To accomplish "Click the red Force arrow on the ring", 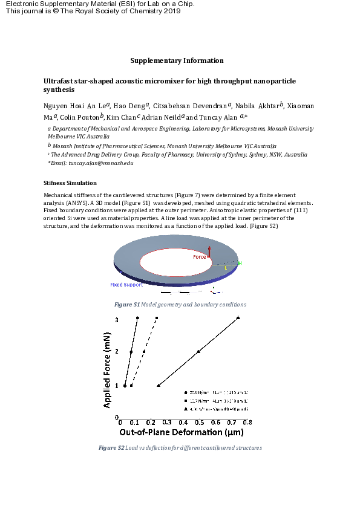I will pos(209,251).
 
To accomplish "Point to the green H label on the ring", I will pos(240,263).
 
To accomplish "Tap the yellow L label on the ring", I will pos(226,267).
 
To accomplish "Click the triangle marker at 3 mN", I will pos(238,317).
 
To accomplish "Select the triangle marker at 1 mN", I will pos(159,385).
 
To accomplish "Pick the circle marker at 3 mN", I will pos(138,318).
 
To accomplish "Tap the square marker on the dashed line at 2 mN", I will pos(144,351).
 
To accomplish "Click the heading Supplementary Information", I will pos(177,60).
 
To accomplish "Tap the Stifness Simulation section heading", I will pos(70,183).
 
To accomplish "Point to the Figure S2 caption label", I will pos(111,448).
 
